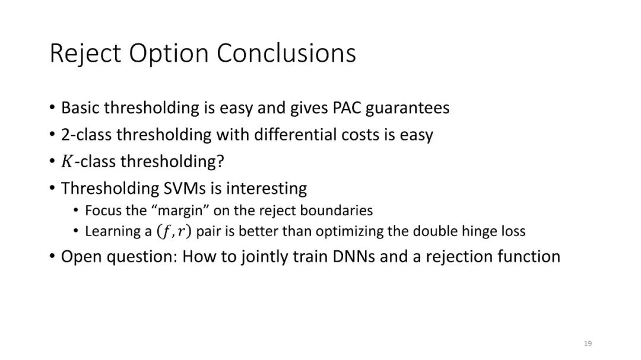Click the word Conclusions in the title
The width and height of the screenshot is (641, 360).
(286, 53)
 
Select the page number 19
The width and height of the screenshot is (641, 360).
(588, 343)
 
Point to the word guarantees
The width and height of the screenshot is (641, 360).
(407, 109)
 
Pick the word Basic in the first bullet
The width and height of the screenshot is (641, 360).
(80, 108)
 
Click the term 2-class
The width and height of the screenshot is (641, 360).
(86, 135)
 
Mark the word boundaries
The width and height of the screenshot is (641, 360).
(337, 211)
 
